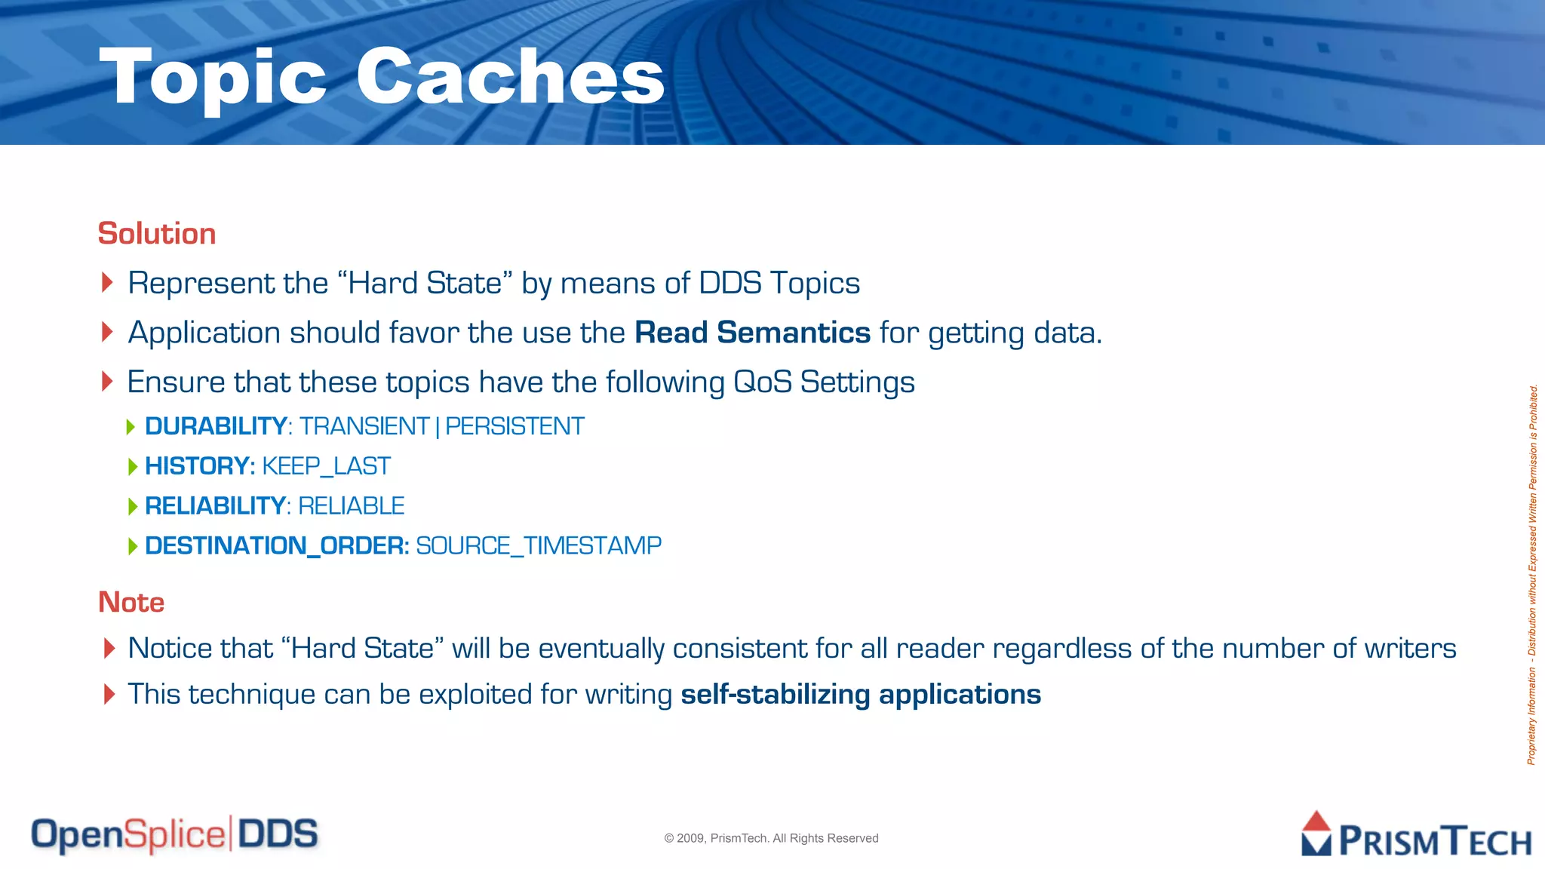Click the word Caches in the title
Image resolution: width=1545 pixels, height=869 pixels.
(x=510, y=77)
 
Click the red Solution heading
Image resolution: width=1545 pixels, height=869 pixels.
(x=157, y=234)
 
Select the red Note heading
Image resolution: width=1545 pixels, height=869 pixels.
(x=131, y=602)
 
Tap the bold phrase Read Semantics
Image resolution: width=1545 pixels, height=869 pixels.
(x=752, y=333)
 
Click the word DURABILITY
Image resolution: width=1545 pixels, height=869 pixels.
(x=215, y=426)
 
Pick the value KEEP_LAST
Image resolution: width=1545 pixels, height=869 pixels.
(x=326, y=466)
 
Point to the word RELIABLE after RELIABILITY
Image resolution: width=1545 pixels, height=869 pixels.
(x=352, y=506)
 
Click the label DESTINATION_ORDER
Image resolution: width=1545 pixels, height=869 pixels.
(x=276, y=545)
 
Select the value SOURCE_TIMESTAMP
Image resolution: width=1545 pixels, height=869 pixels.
(x=538, y=545)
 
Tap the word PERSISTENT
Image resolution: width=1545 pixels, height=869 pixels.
(x=514, y=426)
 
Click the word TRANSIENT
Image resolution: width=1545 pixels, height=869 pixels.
(x=364, y=426)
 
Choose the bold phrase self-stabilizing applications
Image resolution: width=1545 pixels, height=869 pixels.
(x=860, y=695)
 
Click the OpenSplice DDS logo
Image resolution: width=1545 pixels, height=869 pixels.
(x=174, y=835)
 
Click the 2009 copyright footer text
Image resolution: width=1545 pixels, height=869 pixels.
(x=771, y=838)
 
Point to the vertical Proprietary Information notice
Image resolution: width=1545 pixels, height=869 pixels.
(x=1532, y=573)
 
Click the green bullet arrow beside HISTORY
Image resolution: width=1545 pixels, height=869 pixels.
(x=133, y=467)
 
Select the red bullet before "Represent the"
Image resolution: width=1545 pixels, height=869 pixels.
(x=107, y=283)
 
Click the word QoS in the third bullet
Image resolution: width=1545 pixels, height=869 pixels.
(x=762, y=382)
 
